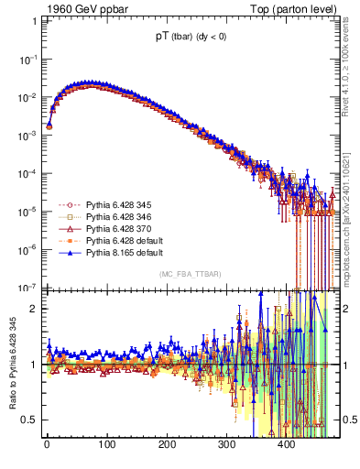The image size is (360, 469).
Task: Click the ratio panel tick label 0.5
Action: point(28,420)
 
